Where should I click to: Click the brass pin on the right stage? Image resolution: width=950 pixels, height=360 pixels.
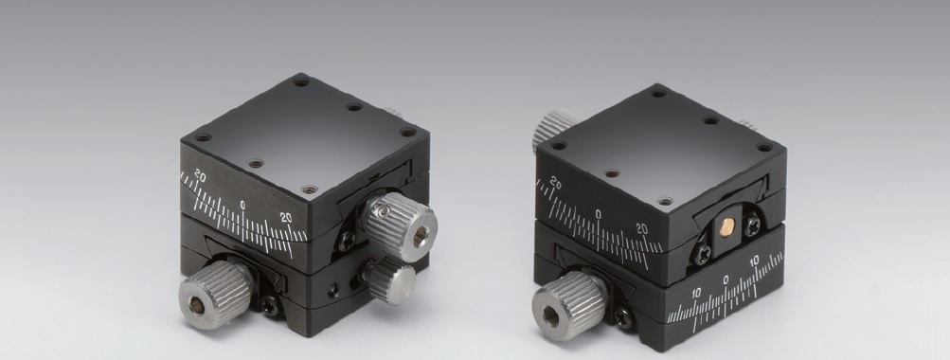(x=726, y=227)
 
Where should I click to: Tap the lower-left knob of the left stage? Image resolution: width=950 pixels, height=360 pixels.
(x=216, y=295)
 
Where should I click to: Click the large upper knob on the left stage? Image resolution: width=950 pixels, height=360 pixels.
(x=400, y=226)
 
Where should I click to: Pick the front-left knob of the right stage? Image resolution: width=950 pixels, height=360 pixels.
(x=569, y=305)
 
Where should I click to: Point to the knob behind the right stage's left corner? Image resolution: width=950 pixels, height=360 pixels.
(x=552, y=129)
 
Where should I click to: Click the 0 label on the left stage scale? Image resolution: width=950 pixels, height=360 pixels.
(x=242, y=205)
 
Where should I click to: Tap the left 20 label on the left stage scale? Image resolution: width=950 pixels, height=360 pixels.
(x=200, y=177)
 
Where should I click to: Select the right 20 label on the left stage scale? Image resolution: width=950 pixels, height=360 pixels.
(x=286, y=218)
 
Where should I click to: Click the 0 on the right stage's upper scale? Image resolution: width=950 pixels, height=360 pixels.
(x=598, y=214)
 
